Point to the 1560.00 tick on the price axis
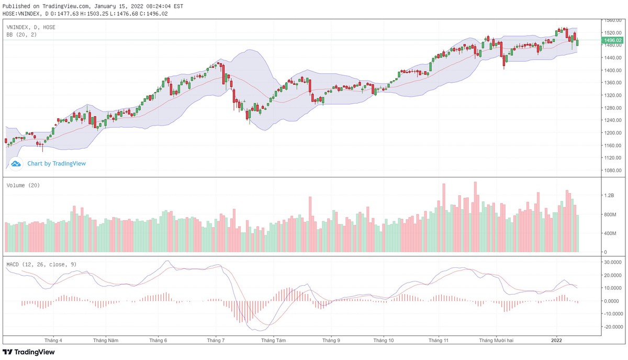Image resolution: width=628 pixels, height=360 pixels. [612, 20]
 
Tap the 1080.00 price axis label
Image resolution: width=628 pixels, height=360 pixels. [612, 170]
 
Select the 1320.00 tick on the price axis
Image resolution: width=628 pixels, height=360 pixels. [612, 95]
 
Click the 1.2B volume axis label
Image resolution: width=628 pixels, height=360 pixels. [609, 195]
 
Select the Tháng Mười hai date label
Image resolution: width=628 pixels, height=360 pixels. [497, 340]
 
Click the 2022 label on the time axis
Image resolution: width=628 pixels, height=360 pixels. [557, 340]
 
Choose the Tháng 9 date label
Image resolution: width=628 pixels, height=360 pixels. [331, 340]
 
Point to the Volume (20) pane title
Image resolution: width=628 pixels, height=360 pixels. [23, 185]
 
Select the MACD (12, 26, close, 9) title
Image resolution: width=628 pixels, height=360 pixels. [41, 264]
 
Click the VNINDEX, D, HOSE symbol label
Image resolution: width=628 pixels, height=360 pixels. [31, 27]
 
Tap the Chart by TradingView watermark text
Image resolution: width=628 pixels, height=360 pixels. [57, 164]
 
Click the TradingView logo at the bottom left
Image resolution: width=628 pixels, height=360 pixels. [29, 352]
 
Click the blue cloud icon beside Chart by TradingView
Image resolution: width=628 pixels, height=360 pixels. [16, 164]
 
